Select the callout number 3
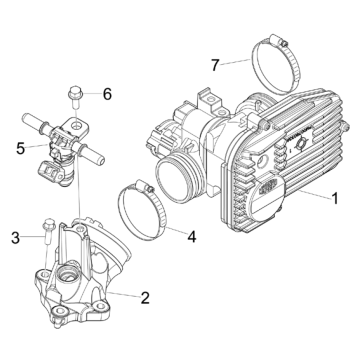(15, 237)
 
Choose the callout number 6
(107, 95)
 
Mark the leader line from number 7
(236, 64)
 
